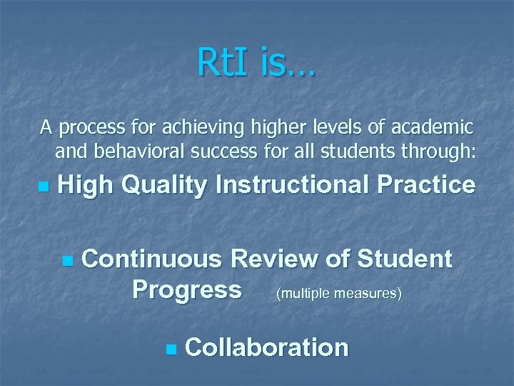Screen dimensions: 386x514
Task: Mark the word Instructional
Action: click(291, 186)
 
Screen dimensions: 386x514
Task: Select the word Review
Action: click(278, 259)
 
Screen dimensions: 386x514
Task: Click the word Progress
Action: click(187, 290)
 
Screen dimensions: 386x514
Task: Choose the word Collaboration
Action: click(266, 347)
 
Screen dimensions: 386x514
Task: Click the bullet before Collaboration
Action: click(169, 350)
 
